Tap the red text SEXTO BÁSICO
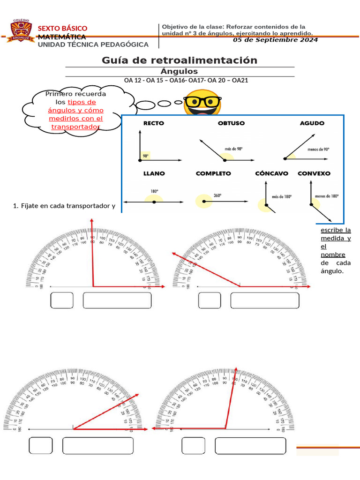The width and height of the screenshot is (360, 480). click(x=62, y=29)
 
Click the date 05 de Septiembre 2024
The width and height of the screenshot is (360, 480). click(x=275, y=40)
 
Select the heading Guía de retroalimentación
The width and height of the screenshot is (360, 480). click(x=180, y=60)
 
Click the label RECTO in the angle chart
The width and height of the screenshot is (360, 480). click(x=154, y=123)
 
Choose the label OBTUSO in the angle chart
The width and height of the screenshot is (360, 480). click(x=231, y=123)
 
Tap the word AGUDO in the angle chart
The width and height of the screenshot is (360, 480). click(x=312, y=123)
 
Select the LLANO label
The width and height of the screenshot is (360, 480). click(x=154, y=173)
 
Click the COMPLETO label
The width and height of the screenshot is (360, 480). click(x=213, y=173)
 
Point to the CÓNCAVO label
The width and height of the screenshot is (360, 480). click(x=272, y=173)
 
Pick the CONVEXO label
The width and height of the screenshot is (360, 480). click(x=314, y=173)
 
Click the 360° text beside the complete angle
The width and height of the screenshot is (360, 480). click(x=217, y=195)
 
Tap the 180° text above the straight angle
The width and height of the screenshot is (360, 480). click(x=154, y=191)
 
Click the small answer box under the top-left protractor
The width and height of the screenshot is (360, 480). click(x=62, y=300)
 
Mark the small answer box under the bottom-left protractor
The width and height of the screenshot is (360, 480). click(x=41, y=446)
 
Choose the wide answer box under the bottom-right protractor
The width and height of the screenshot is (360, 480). click(x=250, y=446)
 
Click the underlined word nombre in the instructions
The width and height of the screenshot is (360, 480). click(x=333, y=255)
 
